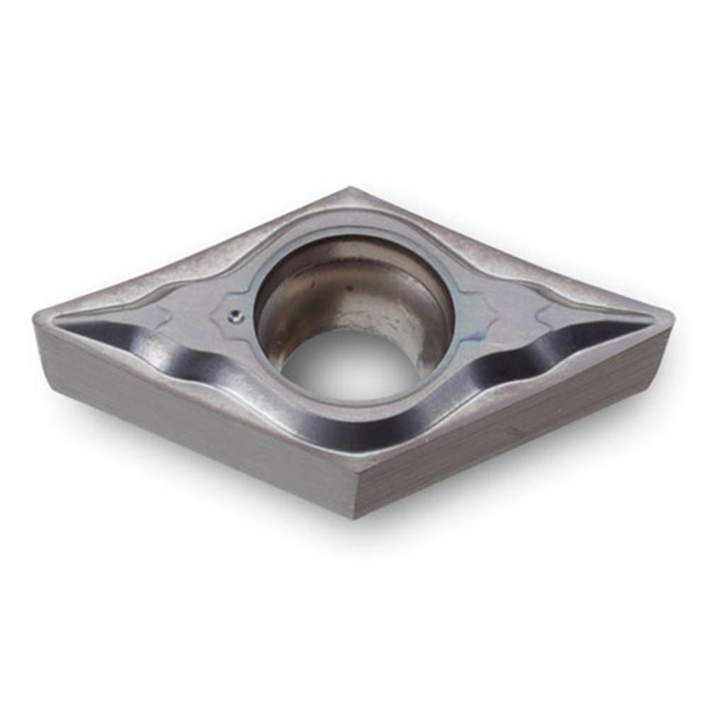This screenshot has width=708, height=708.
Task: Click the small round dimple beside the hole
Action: (236, 318)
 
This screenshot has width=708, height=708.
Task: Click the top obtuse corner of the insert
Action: (350, 190)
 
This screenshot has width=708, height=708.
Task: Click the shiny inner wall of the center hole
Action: (340, 283)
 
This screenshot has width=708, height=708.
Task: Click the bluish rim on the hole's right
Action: (453, 312)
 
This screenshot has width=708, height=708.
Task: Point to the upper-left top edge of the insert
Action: (191, 248)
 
